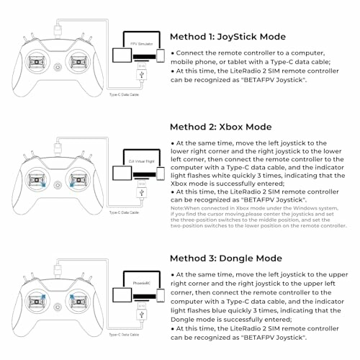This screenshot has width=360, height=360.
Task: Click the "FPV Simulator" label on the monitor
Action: [138, 44]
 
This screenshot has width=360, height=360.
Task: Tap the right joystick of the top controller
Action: [77, 59]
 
